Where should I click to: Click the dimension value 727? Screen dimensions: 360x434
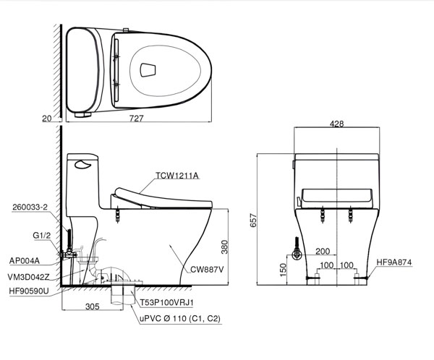(137, 119)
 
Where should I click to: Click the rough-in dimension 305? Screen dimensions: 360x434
(91, 307)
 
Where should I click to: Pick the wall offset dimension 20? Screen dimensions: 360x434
(47, 119)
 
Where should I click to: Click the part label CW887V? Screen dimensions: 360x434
(207, 270)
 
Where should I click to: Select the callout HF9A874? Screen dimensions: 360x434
(395, 262)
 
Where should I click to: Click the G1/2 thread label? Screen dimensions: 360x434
(42, 235)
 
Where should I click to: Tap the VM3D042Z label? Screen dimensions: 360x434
(30, 276)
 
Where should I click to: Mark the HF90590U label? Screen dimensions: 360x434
(30, 291)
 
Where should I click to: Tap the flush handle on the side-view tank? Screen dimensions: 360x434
(84, 164)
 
